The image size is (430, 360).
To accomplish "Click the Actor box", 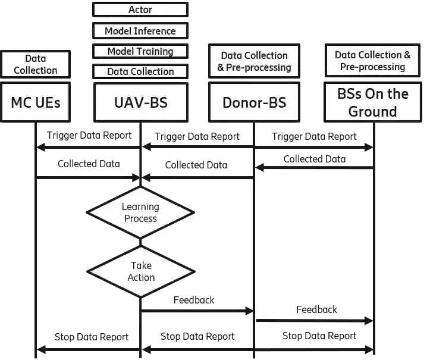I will (140, 10).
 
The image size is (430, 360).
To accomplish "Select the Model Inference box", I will (140, 31).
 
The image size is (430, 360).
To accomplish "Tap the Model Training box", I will (140, 51).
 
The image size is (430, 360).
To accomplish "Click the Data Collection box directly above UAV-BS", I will (140, 71).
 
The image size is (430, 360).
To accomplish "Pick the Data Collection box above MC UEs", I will (36, 64).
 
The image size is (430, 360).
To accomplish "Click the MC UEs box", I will (36, 102).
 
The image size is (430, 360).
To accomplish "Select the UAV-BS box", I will (140, 102).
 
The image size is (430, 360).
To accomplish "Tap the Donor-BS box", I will (254, 102).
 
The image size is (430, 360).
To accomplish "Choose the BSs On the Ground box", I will (373, 102).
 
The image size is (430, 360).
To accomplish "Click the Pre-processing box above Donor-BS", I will (254, 61).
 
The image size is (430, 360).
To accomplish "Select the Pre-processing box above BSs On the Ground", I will (373, 61).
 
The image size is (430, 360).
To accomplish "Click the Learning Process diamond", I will (140, 212).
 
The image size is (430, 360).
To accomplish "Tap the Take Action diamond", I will (141, 271).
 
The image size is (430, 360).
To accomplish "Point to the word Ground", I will (373, 111).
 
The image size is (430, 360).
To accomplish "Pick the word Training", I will (154, 51).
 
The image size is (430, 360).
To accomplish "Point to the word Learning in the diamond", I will (140, 207).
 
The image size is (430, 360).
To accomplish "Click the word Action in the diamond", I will (141, 277).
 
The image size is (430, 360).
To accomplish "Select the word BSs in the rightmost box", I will (350, 94).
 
